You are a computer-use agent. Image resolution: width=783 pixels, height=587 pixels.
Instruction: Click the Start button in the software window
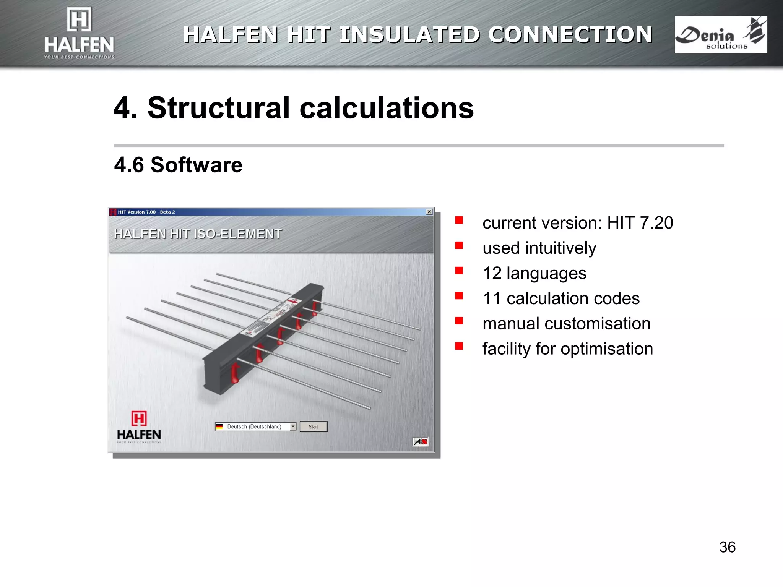(x=313, y=426)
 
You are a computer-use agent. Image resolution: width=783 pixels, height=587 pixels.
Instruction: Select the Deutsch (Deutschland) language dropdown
(x=255, y=426)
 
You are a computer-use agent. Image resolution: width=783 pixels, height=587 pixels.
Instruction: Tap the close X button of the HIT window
(x=429, y=212)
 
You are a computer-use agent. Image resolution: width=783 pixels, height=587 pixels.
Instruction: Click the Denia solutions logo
(x=721, y=35)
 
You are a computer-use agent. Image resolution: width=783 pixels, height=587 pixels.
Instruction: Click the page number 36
(x=727, y=547)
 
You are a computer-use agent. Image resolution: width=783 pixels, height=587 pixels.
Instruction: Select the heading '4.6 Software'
(x=178, y=165)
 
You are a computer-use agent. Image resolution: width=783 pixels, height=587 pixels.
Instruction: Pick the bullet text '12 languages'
(x=534, y=273)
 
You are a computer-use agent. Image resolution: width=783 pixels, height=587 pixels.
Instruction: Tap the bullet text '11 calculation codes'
(x=561, y=298)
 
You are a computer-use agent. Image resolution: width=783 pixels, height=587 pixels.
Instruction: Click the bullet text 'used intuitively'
(x=539, y=248)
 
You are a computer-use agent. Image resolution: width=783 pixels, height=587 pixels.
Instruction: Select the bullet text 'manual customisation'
(x=566, y=324)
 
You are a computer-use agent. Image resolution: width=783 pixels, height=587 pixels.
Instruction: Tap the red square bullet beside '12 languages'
(x=459, y=271)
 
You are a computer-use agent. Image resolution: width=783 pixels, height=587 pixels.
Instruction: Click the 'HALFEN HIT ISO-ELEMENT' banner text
(x=198, y=234)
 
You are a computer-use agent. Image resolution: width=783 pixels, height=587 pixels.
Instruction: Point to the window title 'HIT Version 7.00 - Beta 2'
(x=146, y=212)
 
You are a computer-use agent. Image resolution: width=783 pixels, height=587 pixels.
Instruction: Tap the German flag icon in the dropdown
(x=219, y=426)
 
